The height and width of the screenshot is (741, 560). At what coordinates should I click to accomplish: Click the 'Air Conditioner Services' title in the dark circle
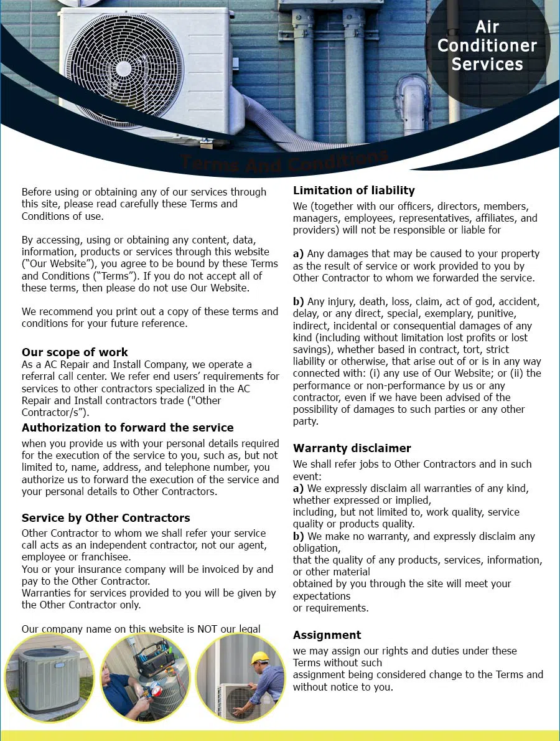(x=487, y=45)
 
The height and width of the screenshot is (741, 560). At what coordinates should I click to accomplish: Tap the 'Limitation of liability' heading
(x=353, y=191)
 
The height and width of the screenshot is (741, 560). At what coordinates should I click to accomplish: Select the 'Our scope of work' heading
(x=75, y=352)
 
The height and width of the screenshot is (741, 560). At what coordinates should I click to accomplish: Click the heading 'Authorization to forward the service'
(x=128, y=428)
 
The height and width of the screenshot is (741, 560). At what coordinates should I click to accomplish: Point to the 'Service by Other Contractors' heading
(x=106, y=518)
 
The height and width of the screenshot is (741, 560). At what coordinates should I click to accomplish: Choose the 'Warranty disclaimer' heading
(x=352, y=448)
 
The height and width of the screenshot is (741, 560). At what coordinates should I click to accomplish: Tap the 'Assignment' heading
(x=327, y=635)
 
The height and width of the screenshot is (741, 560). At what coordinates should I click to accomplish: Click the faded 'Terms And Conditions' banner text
(x=284, y=163)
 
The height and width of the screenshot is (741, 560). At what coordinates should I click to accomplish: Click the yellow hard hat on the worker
(x=259, y=658)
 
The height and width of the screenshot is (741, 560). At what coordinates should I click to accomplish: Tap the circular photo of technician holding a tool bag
(x=145, y=677)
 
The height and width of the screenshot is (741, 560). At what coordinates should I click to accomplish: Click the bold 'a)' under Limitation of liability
(x=299, y=254)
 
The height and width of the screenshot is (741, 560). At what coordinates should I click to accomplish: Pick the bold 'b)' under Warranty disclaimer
(x=299, y=536)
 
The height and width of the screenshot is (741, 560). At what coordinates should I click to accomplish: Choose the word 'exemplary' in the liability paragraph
(x=444, y=314)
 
